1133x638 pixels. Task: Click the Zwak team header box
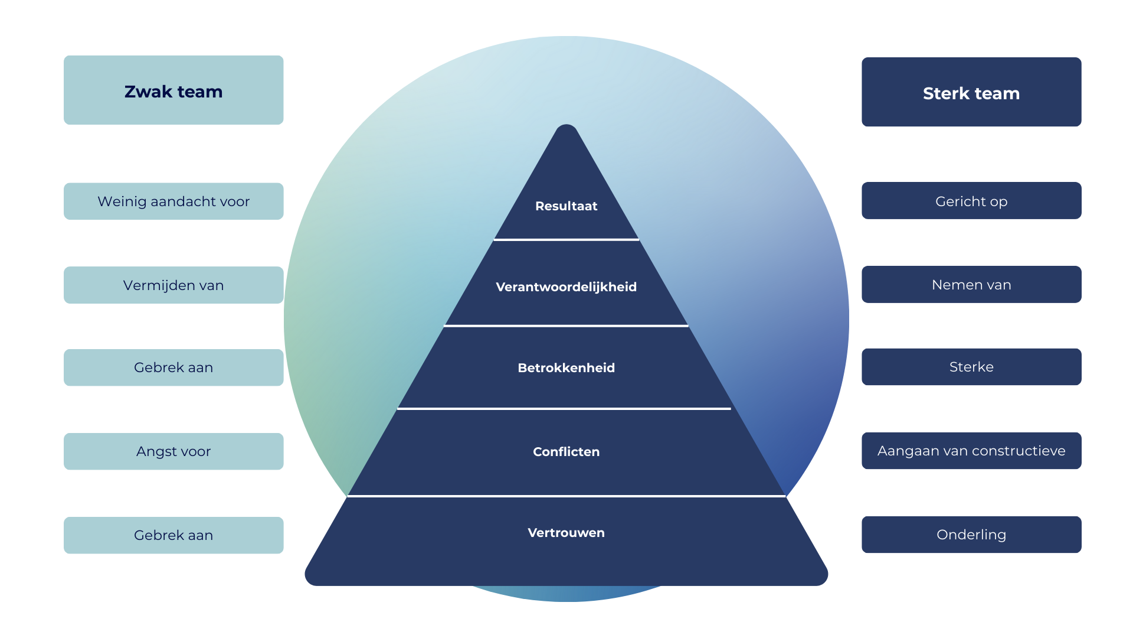(x=173, y=90)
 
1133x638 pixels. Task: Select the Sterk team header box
(x=971, y=93)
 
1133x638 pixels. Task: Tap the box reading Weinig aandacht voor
(x=173, y=201)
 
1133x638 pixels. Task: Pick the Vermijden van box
(x=173, y=285)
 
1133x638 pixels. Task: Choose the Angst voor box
(x=173, y=451)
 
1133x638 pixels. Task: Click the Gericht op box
(x=971, y=201)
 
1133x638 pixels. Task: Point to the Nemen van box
(x=971, y=285)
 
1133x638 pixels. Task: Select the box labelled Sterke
(x=971, y=367)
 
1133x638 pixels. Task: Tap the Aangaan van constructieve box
(x=971, y=451)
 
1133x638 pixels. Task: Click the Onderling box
(x=971, y=535)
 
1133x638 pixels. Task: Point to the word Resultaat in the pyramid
(x=566, y=206)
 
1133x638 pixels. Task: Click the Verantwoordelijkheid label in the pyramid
(x=566, y=287)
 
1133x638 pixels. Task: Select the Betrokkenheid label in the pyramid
(x=566, y=368)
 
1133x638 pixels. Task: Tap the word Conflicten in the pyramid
(x=566, y=452)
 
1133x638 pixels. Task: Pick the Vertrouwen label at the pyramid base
(x=566, y=533)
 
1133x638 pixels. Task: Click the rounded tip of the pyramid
(x=566, y=131)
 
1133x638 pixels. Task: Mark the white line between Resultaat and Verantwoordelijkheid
(x=566, y=239)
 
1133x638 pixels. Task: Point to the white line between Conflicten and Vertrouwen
(x=566, y=496)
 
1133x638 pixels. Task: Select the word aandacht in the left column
(x=182, y=201)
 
